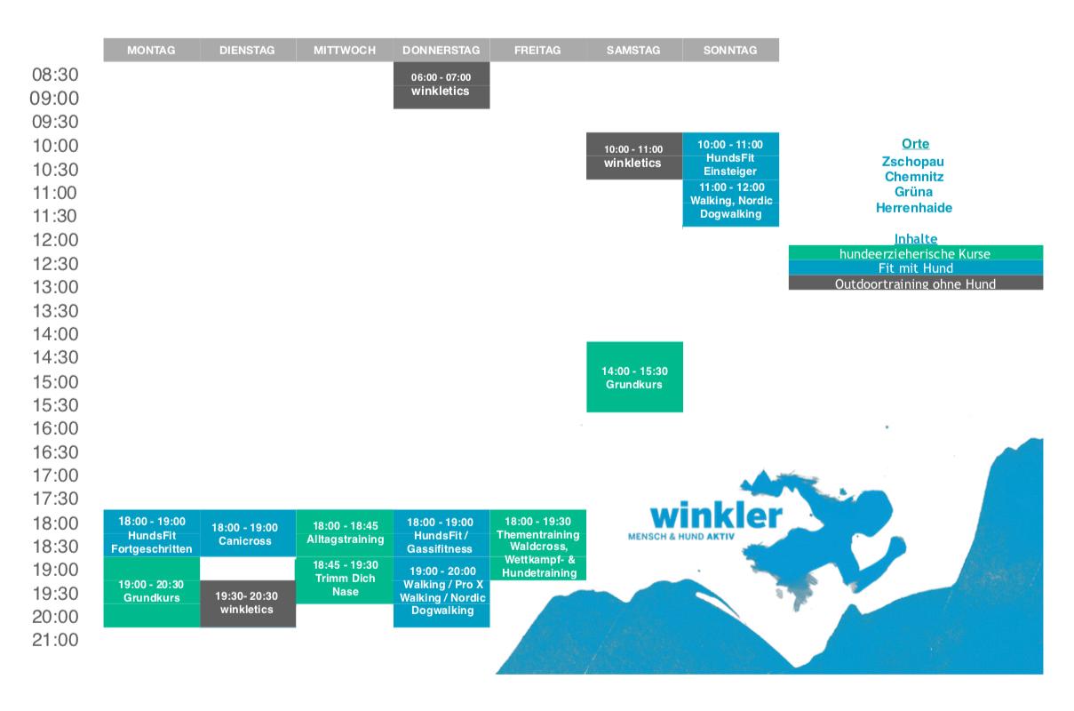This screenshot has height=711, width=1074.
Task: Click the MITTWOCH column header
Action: click(345, 51)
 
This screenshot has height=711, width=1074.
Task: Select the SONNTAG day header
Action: click(730, 51)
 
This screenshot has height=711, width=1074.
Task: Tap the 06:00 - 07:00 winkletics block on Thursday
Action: click(441, 84)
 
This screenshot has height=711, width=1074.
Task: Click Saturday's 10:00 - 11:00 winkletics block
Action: click(633, 156)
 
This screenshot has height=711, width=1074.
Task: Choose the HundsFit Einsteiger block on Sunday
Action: click(730, 157)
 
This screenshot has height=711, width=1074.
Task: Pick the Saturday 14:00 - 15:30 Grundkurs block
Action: click(634, 378)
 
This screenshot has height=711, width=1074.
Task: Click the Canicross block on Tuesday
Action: click(248, 534)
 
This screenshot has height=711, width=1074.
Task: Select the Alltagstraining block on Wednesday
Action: click(345, 532)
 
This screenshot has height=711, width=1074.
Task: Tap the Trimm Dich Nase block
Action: click(345, 579)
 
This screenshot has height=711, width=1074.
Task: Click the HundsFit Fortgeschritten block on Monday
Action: click(152, 534)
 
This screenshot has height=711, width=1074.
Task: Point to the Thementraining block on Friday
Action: click(537, 547)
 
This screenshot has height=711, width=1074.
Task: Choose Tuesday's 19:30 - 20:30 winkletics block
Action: click(248, 603)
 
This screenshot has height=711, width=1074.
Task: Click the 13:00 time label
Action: click(56, 287)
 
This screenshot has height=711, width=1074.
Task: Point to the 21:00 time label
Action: click(56, 640)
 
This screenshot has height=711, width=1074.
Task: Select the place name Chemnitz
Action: click(913, 177)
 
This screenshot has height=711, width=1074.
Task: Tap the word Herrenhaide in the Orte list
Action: click(913, 207)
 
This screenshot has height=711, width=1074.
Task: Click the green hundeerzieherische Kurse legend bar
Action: click(915, 253)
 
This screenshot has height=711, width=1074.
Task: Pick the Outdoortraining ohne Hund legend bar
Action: click(915, 284)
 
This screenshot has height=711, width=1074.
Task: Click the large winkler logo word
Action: click(716, 515)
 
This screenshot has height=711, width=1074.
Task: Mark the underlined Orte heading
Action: click(915, 144)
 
